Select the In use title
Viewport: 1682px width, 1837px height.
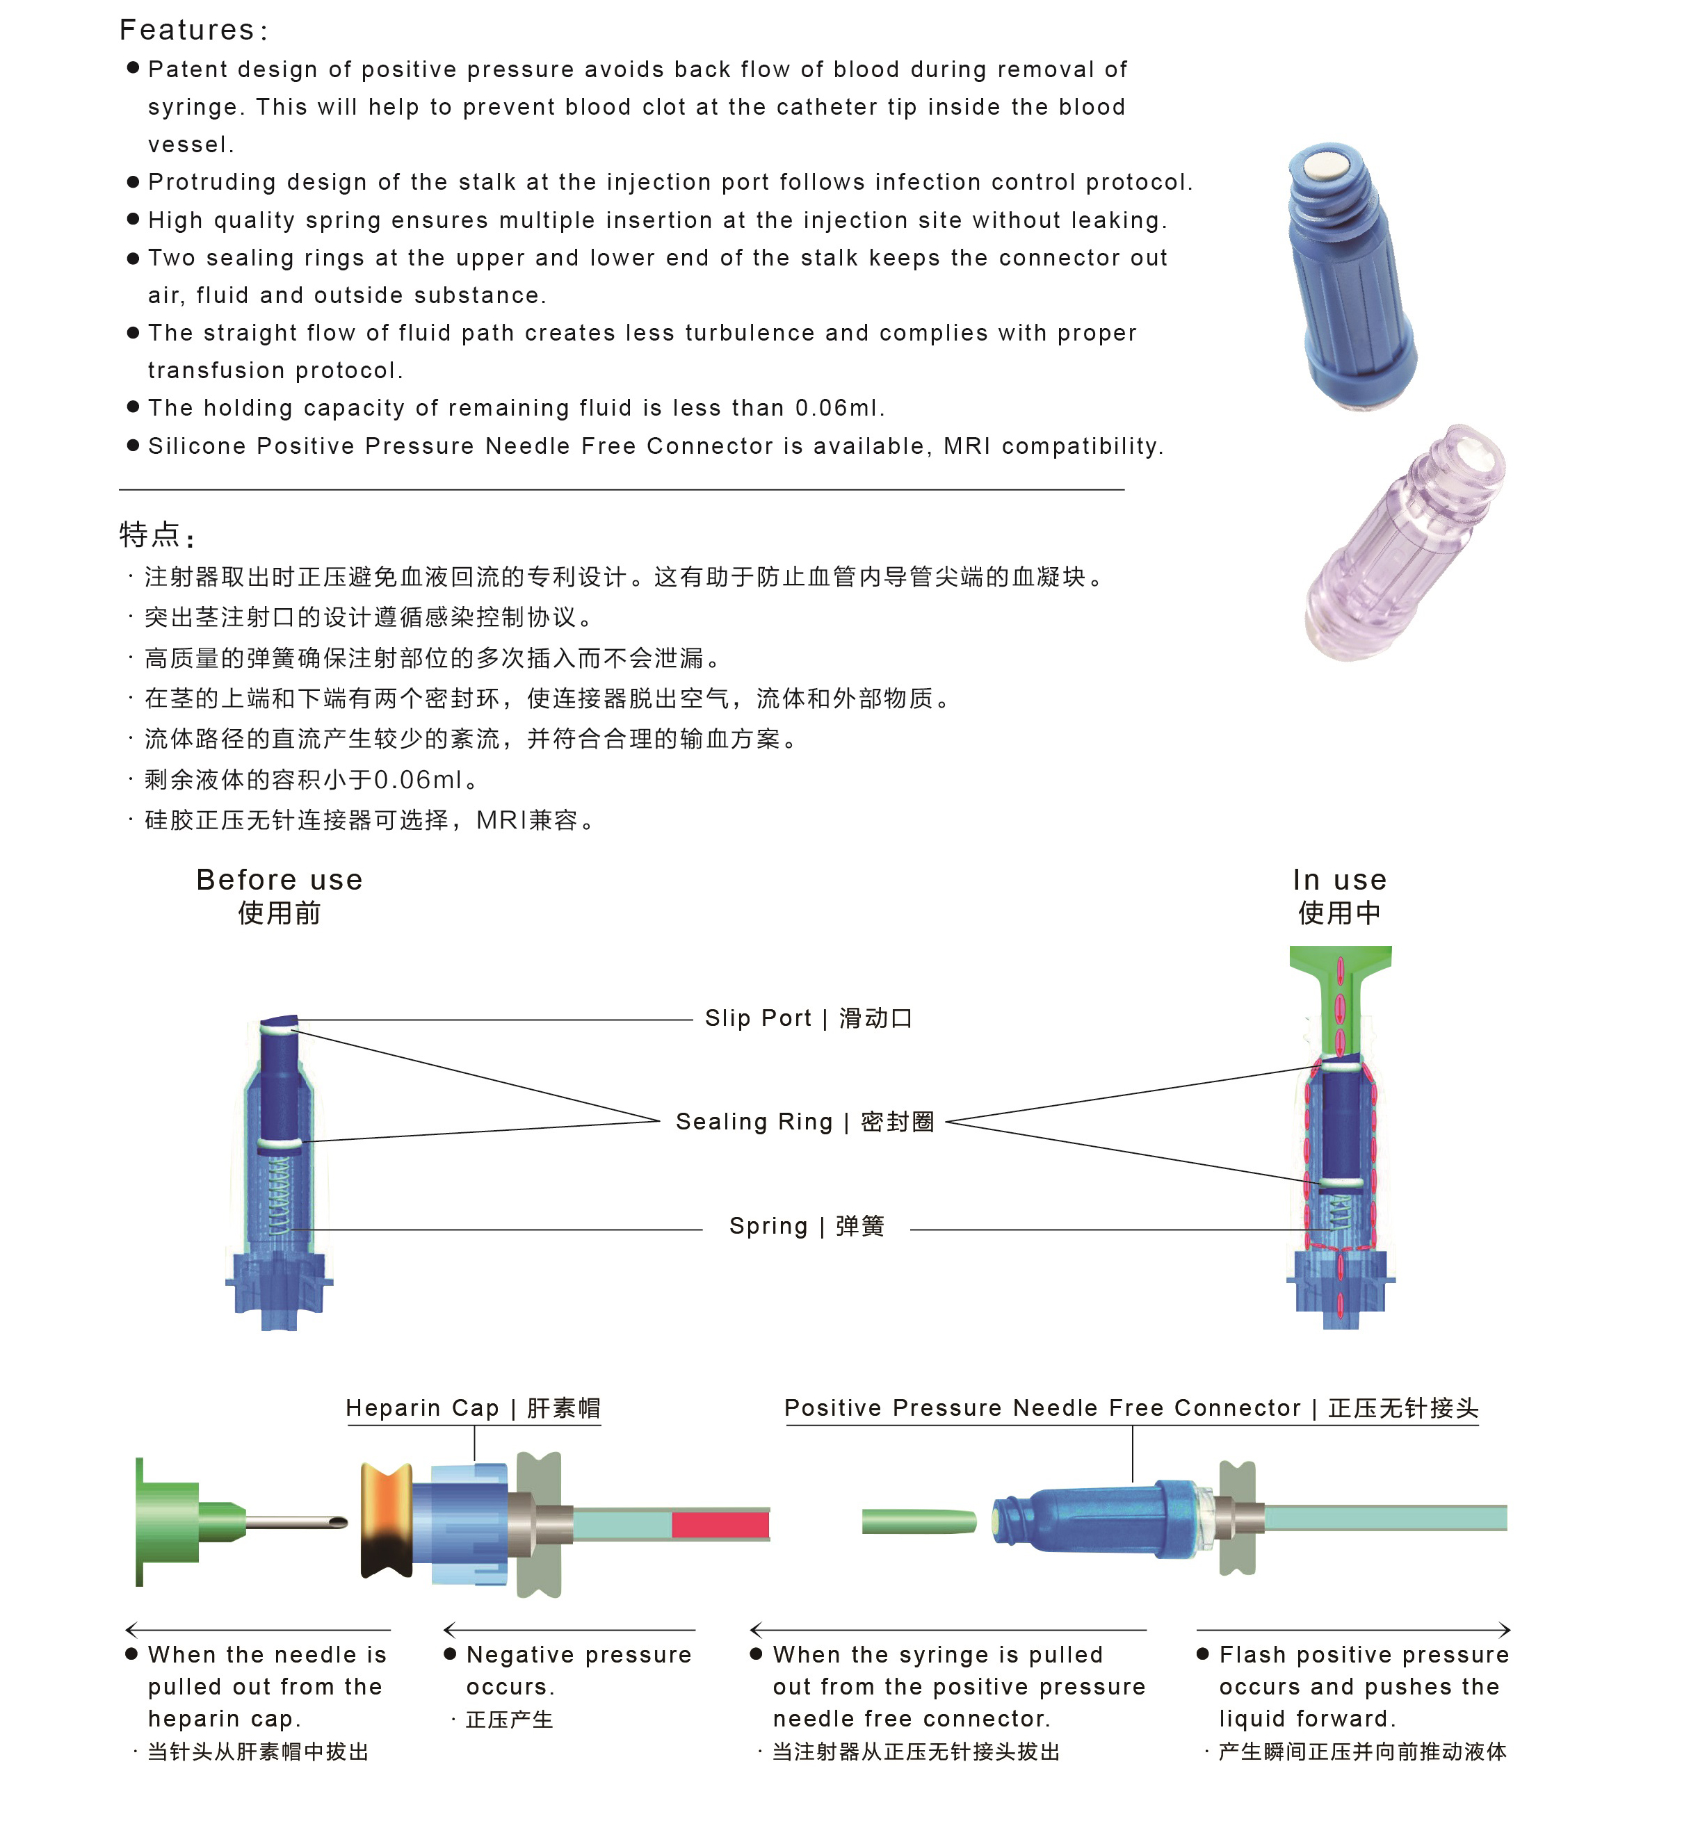(1339, 880)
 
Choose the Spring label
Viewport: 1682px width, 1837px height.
(768, 1227)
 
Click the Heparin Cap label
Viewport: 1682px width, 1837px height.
(422, 1409)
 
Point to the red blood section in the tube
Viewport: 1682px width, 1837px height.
(720, 1524)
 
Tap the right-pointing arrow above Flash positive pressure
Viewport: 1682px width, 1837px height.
(1504, 1630)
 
